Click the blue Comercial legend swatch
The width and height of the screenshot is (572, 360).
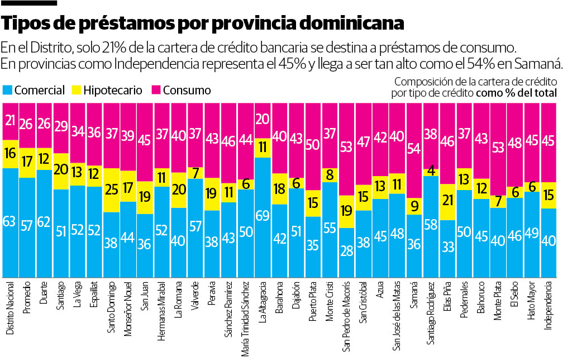7,90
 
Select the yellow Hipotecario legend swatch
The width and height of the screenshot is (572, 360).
77,90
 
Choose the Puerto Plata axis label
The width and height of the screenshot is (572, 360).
313,304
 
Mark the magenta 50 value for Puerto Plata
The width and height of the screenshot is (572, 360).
313,145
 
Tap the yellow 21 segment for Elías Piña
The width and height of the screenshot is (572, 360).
447,200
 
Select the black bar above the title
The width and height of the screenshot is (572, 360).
29,3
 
